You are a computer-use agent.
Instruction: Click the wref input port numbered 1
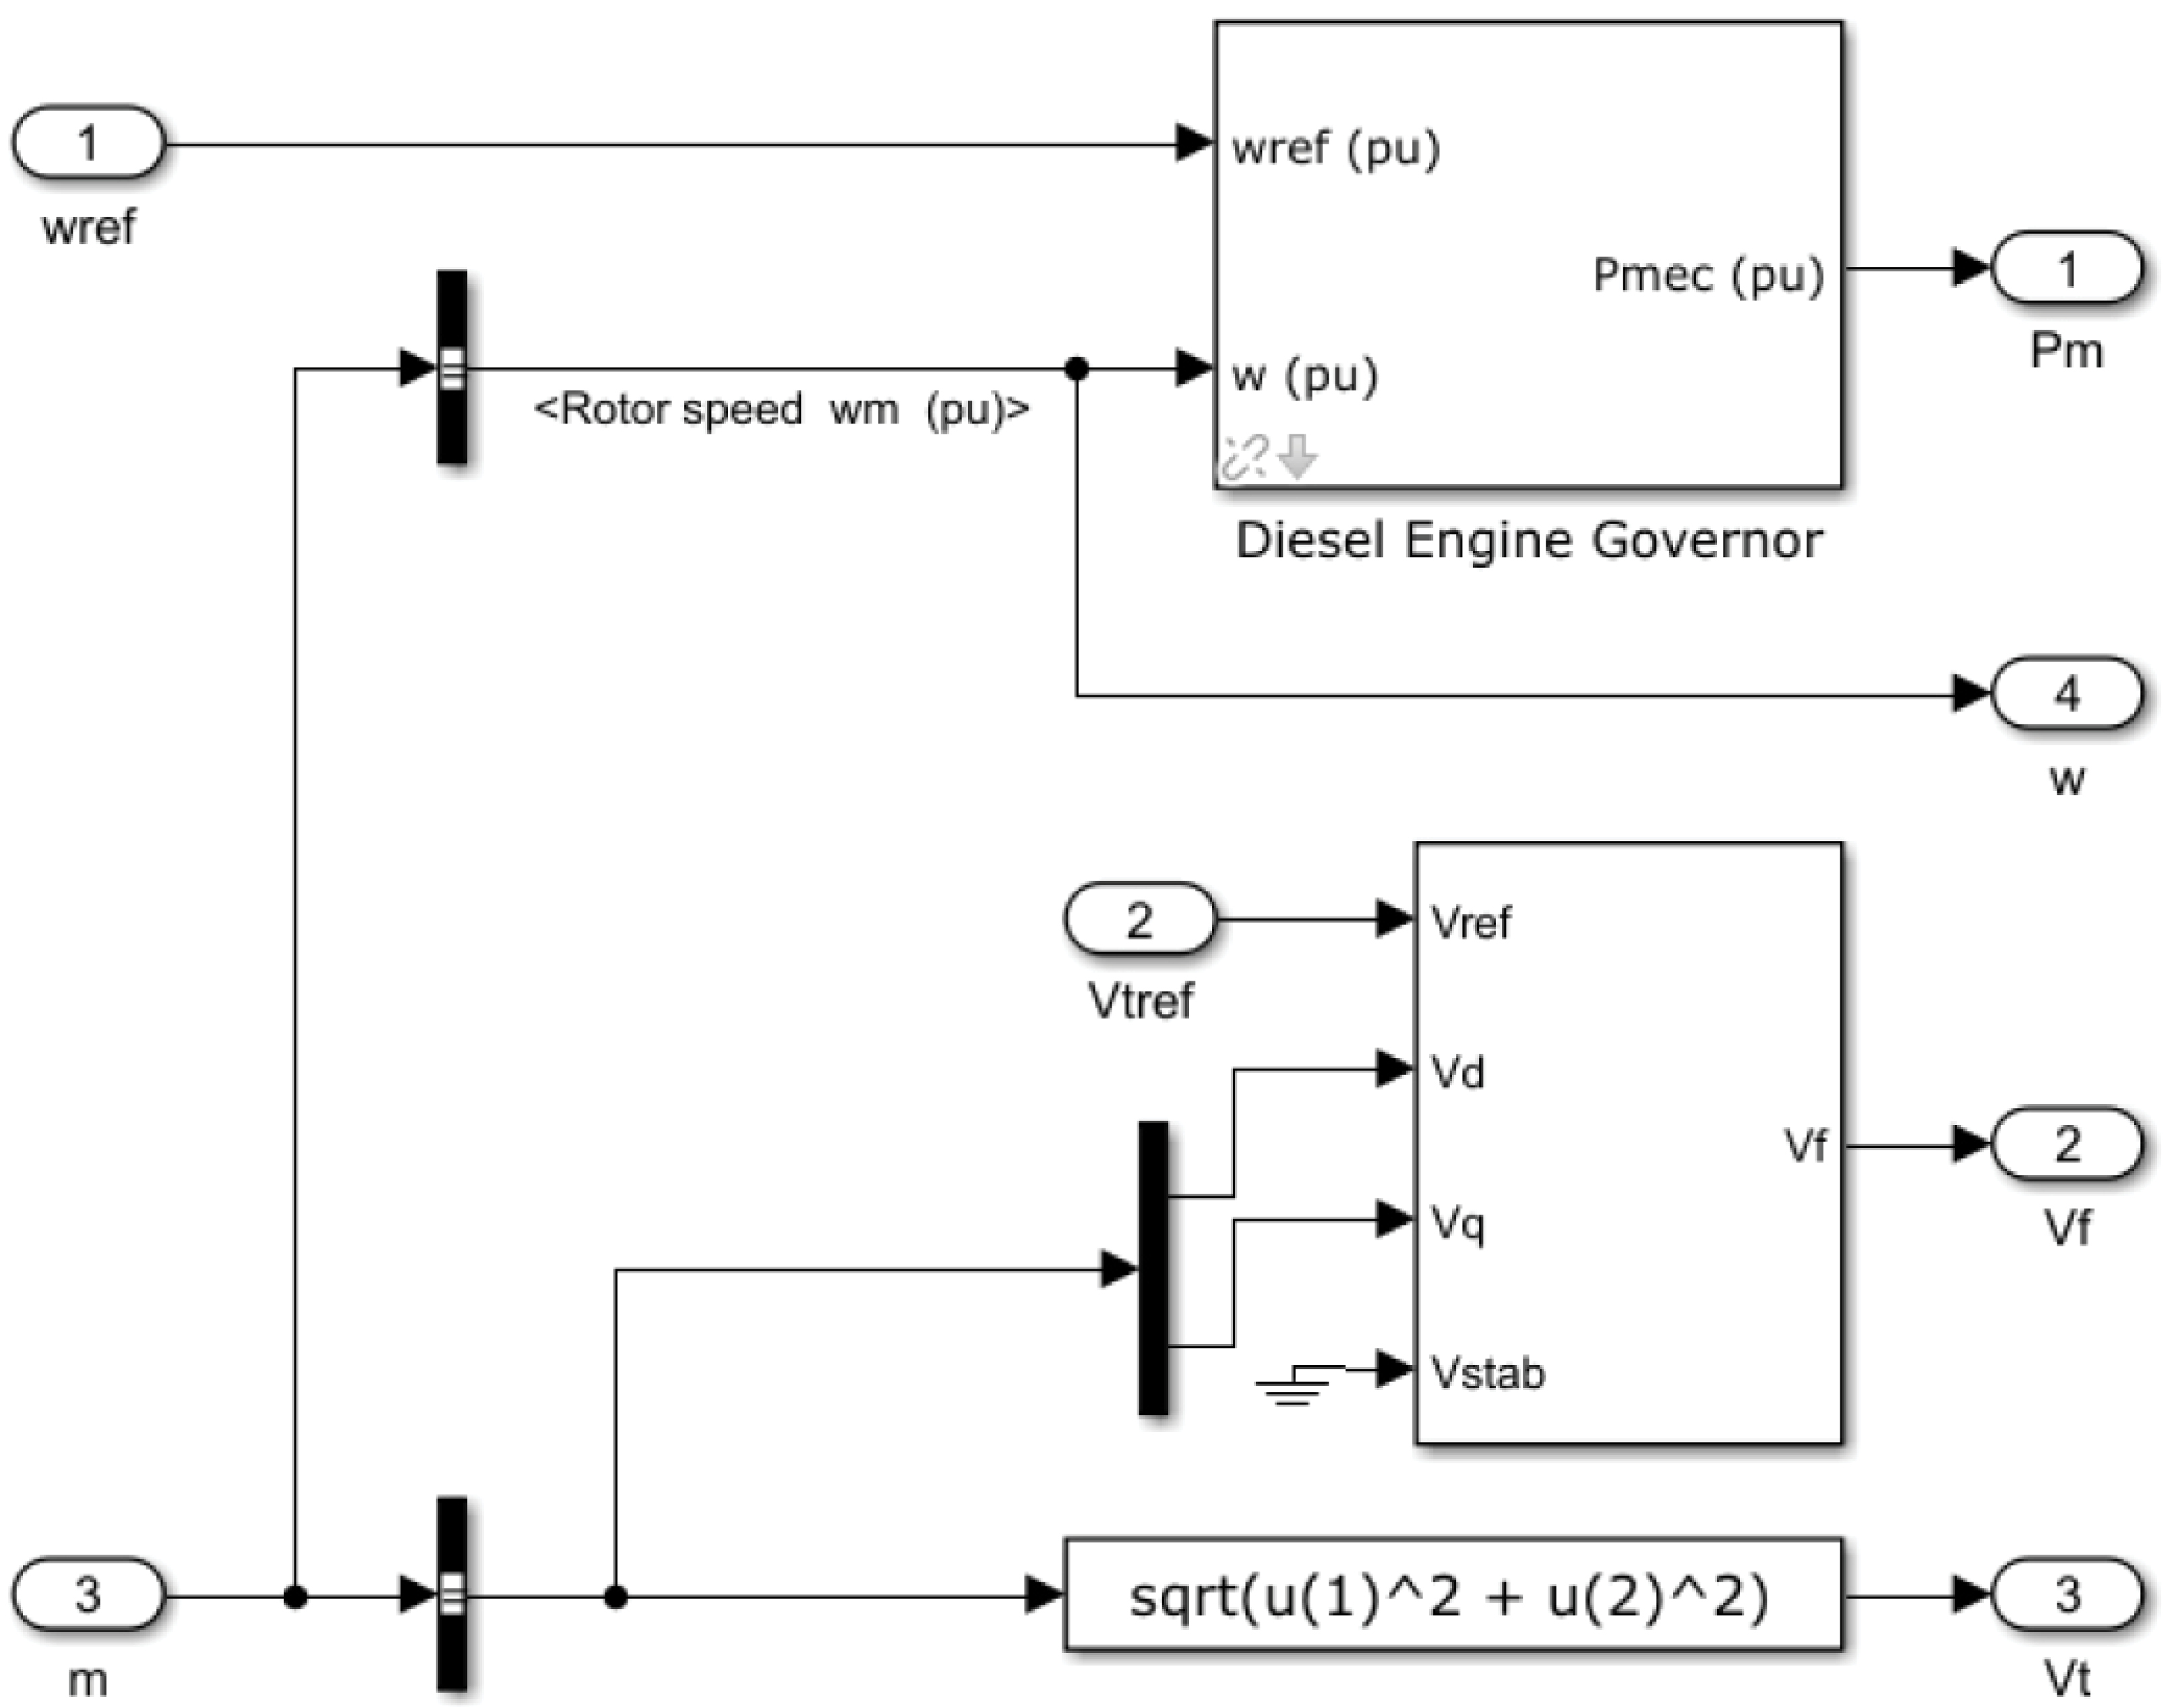click(88, 143)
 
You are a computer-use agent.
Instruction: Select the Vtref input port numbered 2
click(1140, 919)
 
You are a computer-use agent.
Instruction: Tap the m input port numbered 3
click(88, 1595)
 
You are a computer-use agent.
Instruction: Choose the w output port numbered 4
click(2066, 693)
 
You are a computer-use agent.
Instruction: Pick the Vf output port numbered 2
click(2066, 1145)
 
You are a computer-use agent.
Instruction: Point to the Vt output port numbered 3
click(2066, 1595)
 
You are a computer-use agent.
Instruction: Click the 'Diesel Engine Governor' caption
click(1529, 541)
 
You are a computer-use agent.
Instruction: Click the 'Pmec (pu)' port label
click(1708, 275)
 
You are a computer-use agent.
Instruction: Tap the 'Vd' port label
click(1457, 1072)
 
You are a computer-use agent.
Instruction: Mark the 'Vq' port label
click(1457, 1223)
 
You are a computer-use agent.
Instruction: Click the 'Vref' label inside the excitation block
click(1471, 923)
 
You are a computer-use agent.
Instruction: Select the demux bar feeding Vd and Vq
click(1153, 1268)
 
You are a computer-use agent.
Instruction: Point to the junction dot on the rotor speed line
click(1076, 369)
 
